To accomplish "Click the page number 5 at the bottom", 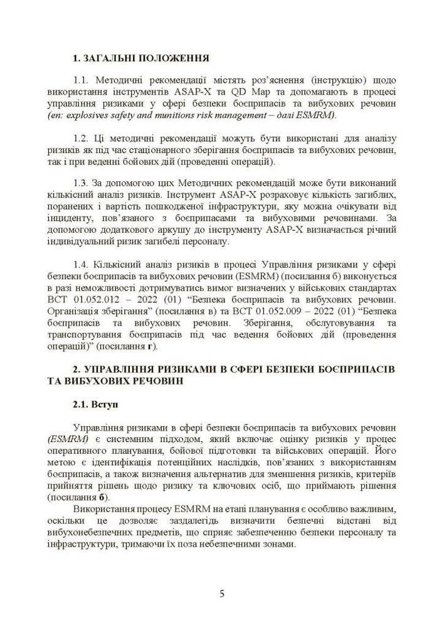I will pyautogui.click(x=222, y=594).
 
